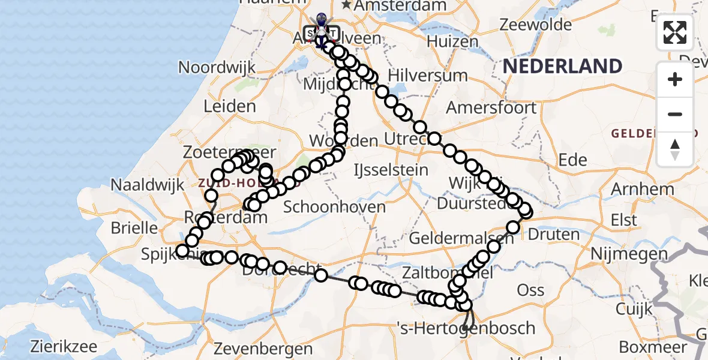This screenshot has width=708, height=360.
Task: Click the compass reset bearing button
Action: pos(675,149)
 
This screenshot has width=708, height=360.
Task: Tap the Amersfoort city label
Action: pos(491,108)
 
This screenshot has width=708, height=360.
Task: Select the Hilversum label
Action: pos(428,76)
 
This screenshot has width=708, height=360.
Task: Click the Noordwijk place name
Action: pos(217,67)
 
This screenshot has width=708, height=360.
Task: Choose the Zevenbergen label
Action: pos(263,349)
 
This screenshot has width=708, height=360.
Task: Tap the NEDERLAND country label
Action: pos(562,66)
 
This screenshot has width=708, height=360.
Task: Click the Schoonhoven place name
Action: pos(334,207)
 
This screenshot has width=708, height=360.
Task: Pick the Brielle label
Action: pos(134,228)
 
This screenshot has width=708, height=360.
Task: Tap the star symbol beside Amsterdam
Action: pos(347,5)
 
